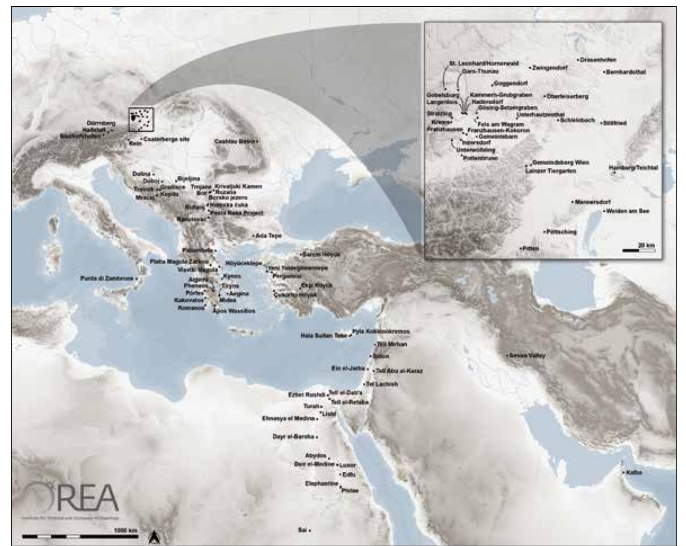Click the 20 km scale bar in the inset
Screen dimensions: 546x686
638,250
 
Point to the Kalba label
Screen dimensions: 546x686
634,472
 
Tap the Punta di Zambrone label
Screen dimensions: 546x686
107,278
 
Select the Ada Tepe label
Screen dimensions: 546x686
268,236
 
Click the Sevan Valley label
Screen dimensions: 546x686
527,355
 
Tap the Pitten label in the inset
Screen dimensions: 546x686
531,248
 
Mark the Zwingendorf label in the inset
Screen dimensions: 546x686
550,68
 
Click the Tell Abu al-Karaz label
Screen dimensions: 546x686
399,371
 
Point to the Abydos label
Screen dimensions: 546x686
315,456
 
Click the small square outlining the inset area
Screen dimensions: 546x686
141,120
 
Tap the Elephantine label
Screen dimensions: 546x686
322,484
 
